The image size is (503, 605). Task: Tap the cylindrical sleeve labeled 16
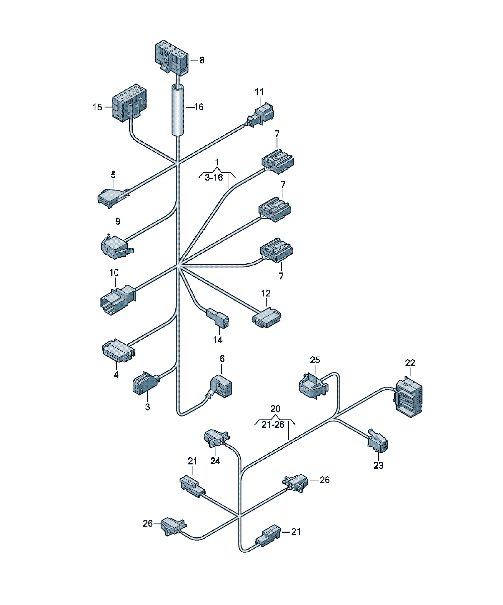click(178, 110)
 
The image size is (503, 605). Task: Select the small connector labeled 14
click(218, 318)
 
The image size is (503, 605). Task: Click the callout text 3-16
click(214, 178)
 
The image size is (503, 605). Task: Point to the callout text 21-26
click(273, 424)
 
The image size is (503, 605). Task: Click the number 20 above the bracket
click(275, 409)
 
